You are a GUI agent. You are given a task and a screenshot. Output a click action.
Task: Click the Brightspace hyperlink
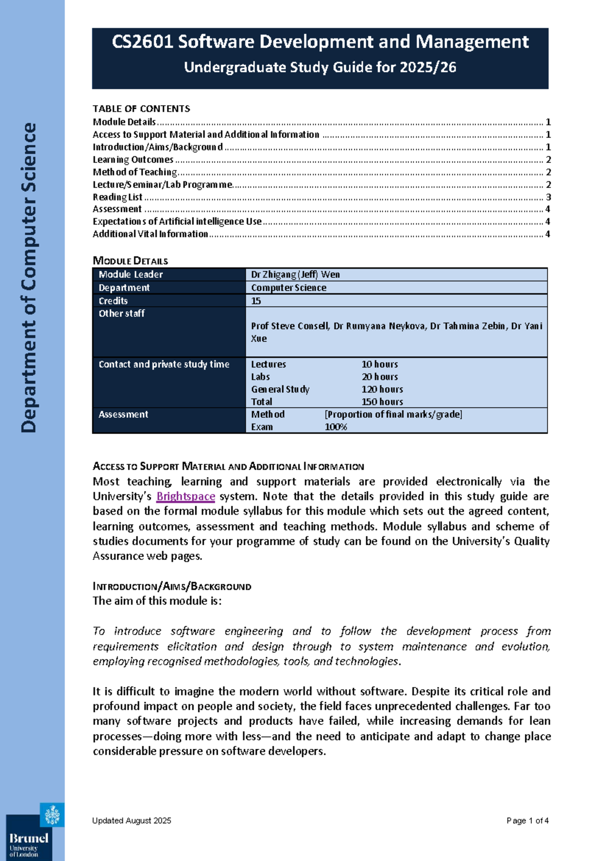tap(185, 496)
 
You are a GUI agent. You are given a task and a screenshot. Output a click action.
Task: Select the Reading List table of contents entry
tap(118, 197)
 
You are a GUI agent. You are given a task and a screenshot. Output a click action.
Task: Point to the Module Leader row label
tap(130, 275)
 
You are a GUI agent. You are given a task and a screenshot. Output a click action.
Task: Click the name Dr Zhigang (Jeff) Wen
tap(295, 275)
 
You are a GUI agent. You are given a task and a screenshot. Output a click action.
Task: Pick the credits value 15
tap(256, 301)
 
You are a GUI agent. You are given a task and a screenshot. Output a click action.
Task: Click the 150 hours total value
tap(382, 402)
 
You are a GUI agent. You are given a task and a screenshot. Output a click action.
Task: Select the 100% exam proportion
tap(335, 427)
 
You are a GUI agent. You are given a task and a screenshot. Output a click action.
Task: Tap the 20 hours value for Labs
tap(380, 377)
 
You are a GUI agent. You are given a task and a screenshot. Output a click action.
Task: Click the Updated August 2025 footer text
tap(131, 820)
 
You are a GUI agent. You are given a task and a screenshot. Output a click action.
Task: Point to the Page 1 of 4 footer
tap(527, 820)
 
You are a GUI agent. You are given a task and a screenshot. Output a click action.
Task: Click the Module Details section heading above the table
tap(130, 261)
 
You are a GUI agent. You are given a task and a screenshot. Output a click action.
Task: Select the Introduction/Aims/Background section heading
tap(172, 586)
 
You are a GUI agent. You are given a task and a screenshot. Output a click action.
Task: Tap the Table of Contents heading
tap(141, 109)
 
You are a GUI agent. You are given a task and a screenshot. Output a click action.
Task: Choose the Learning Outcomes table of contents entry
tap(133, 159)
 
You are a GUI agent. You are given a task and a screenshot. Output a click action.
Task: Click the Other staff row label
tap(121, 314)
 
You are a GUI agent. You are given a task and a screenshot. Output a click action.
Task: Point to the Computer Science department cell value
tap(288, 288)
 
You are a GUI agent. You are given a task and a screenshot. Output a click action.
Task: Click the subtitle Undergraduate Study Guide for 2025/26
tap(320, 67)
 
